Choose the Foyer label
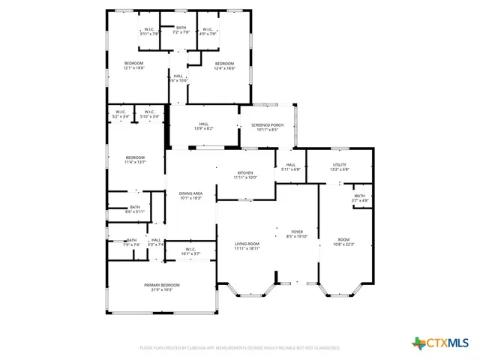click(x=297, y=233)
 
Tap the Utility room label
click(x=340, y=166)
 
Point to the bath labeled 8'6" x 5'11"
click(x=135, y=209)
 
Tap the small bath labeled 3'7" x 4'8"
click(x=361, y=198)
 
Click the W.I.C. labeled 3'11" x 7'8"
click(x=150, y=31)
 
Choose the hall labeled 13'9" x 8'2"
click(x=203, y=126)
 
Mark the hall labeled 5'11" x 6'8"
click(x=291, y=167)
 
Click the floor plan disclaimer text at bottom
click(x=239, y=348)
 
